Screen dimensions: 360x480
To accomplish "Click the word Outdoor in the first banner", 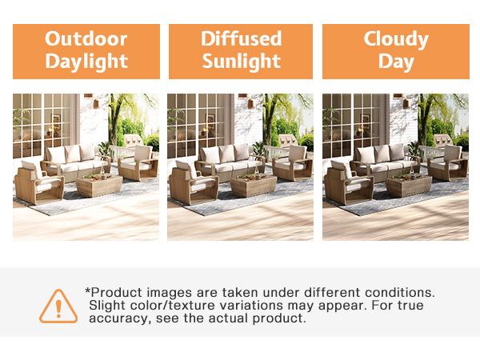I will (85, 38).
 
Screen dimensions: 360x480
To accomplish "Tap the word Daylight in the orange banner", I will (85, 60).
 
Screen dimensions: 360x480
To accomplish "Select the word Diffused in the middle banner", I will (240, 38).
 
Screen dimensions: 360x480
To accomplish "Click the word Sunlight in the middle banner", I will (240, 60).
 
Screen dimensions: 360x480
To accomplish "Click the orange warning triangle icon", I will (57, 304).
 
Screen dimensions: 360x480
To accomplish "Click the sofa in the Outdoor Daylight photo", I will (70, 158).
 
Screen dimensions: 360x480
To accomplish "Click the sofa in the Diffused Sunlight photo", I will (225, 158).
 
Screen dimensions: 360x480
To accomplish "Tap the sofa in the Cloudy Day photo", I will (379, 158).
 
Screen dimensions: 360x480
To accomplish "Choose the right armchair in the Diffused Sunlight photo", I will (291, 162).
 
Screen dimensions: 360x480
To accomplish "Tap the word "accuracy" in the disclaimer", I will (118, 318).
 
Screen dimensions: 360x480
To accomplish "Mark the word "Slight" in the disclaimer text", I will (109, 305).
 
